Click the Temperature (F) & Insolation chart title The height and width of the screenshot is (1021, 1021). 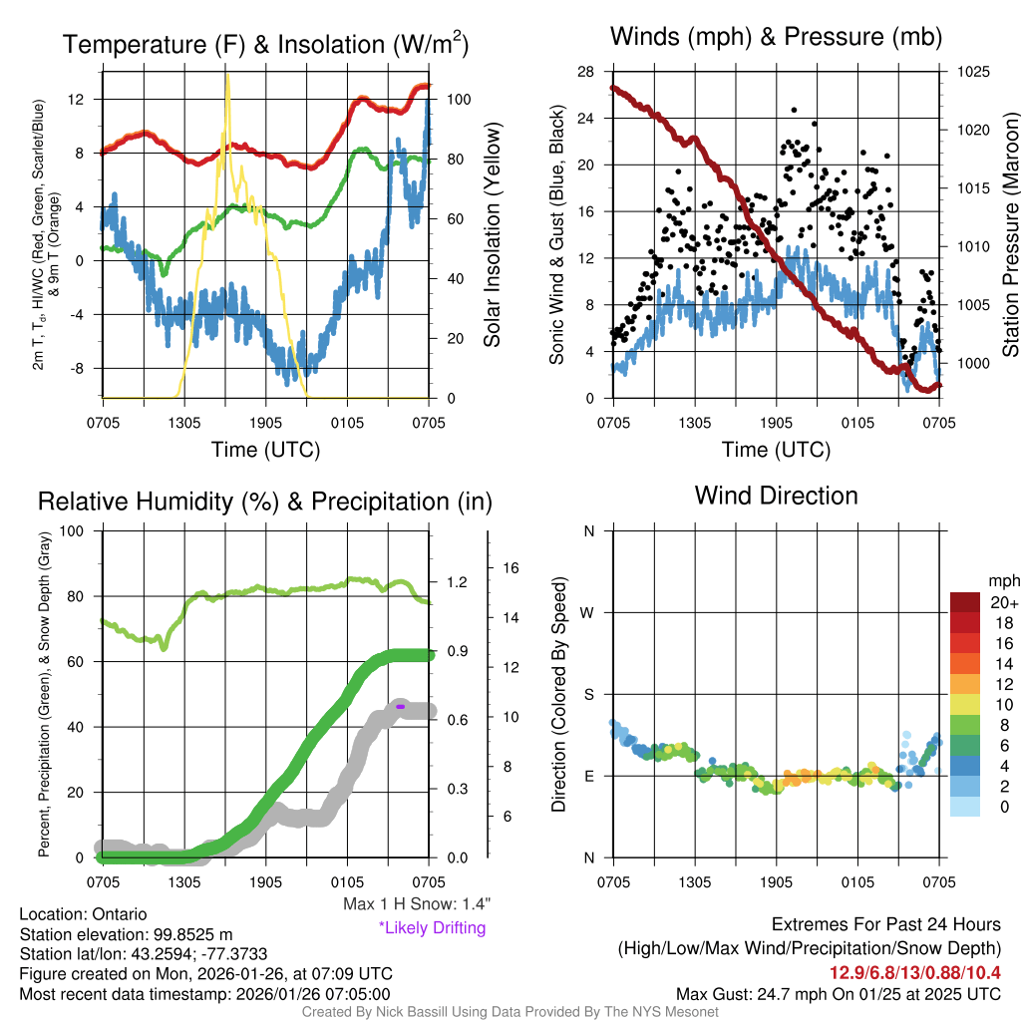(x=265, y=44)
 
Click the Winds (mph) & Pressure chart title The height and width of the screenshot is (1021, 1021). (x=776, y=37)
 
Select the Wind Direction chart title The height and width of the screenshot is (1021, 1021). (x=776, y=495)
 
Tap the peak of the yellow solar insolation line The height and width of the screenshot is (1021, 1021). (x=228, y=75)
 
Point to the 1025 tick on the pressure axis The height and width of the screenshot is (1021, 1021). (x=971, y=72)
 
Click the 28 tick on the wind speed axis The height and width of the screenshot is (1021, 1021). (x=586, y=72)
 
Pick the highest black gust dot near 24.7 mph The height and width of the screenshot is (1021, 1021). (x=794, y=110)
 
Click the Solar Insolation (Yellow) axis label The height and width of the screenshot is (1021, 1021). (x=492, y=235)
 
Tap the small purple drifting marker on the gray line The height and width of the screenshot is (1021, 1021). (x=400, y=706)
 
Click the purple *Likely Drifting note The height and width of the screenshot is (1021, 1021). (x=432, y=928)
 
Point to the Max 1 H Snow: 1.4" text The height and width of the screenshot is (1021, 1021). (x=416, y=903)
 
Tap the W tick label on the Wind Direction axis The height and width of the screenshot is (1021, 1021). (x=588, y=612)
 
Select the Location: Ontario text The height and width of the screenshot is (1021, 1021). (x=83, y=913)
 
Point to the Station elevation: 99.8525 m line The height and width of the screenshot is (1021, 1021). (x=126, y=933)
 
